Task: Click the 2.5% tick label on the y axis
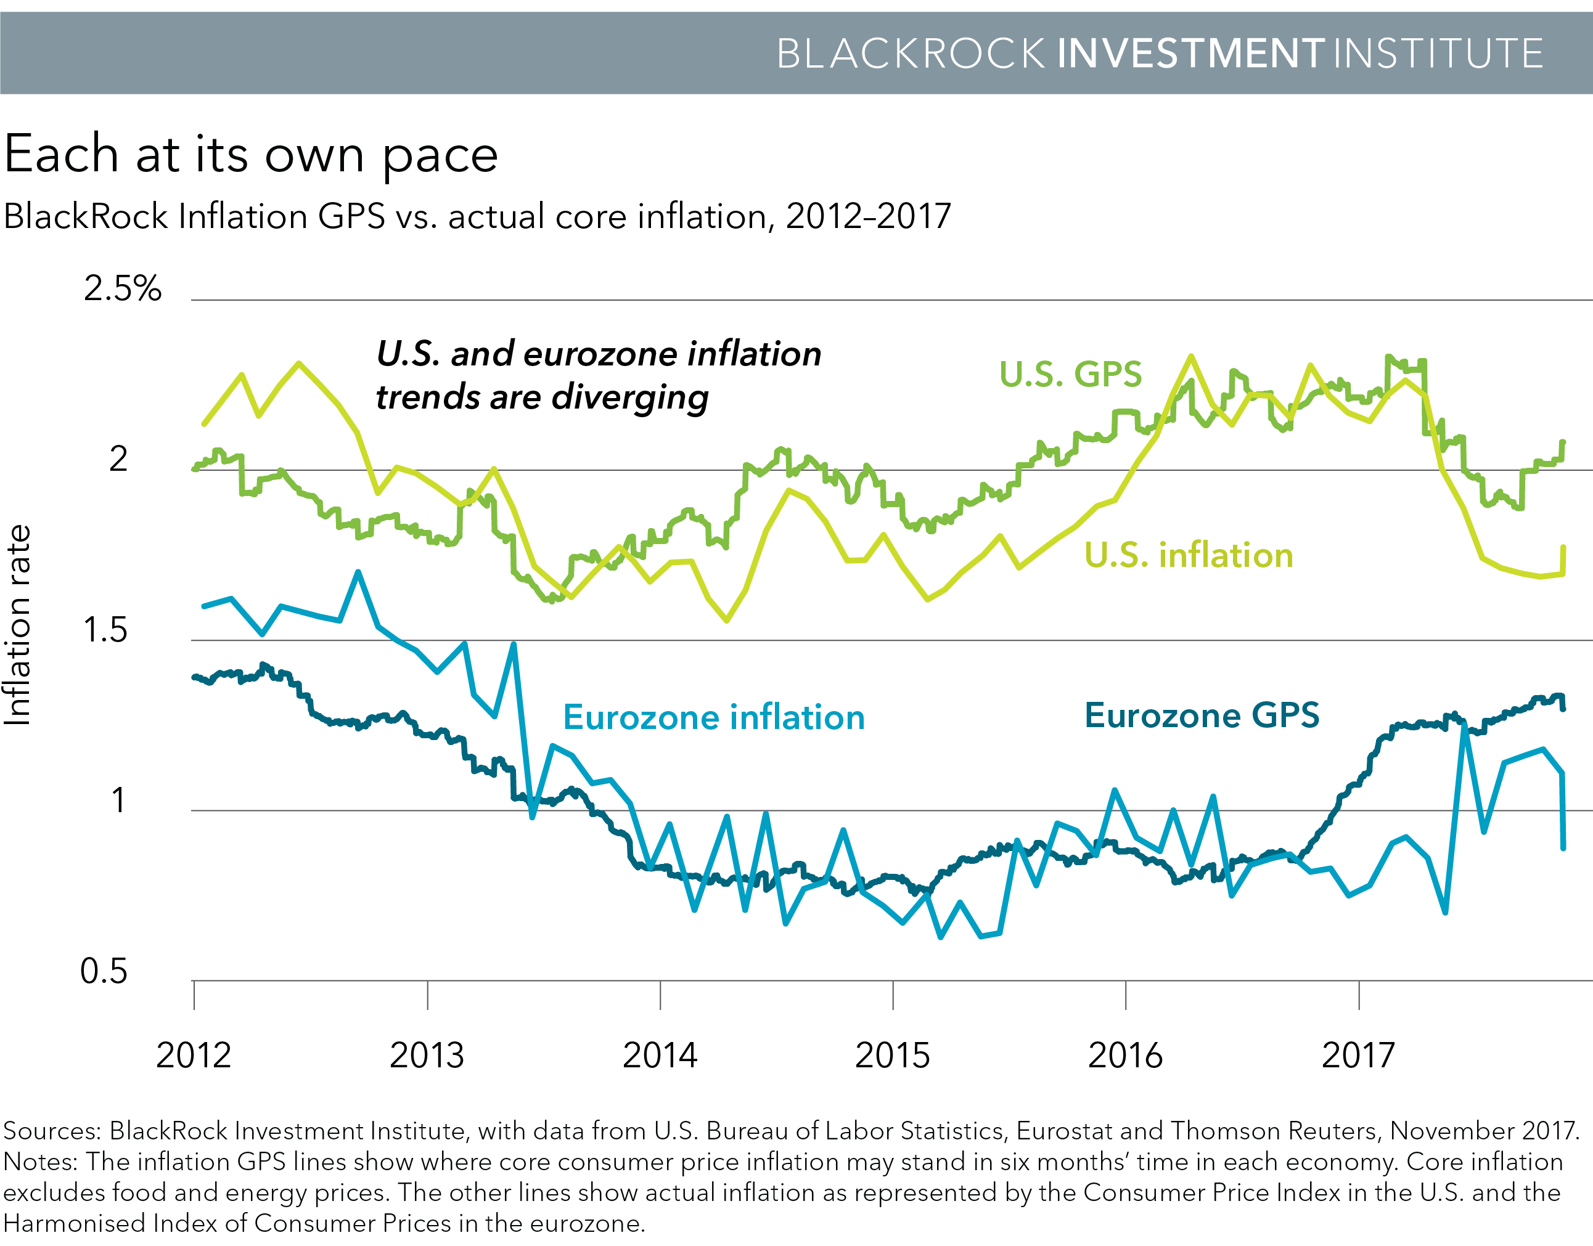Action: click(x=122, y=289)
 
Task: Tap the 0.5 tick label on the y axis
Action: click(x=104, y=972)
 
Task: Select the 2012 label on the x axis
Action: click(x=194, y=1056)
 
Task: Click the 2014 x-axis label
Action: click(x=660, y=1056)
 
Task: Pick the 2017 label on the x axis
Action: click(x=1358, y=1056)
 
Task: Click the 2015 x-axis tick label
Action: click(x=893, y=1056)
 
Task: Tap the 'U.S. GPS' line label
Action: click(x=1070, y=374)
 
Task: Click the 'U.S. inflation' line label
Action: click(x=1188, y=555)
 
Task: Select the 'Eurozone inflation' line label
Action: click(x=714, y=717)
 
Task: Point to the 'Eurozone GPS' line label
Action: click(x=1202, y=715)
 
